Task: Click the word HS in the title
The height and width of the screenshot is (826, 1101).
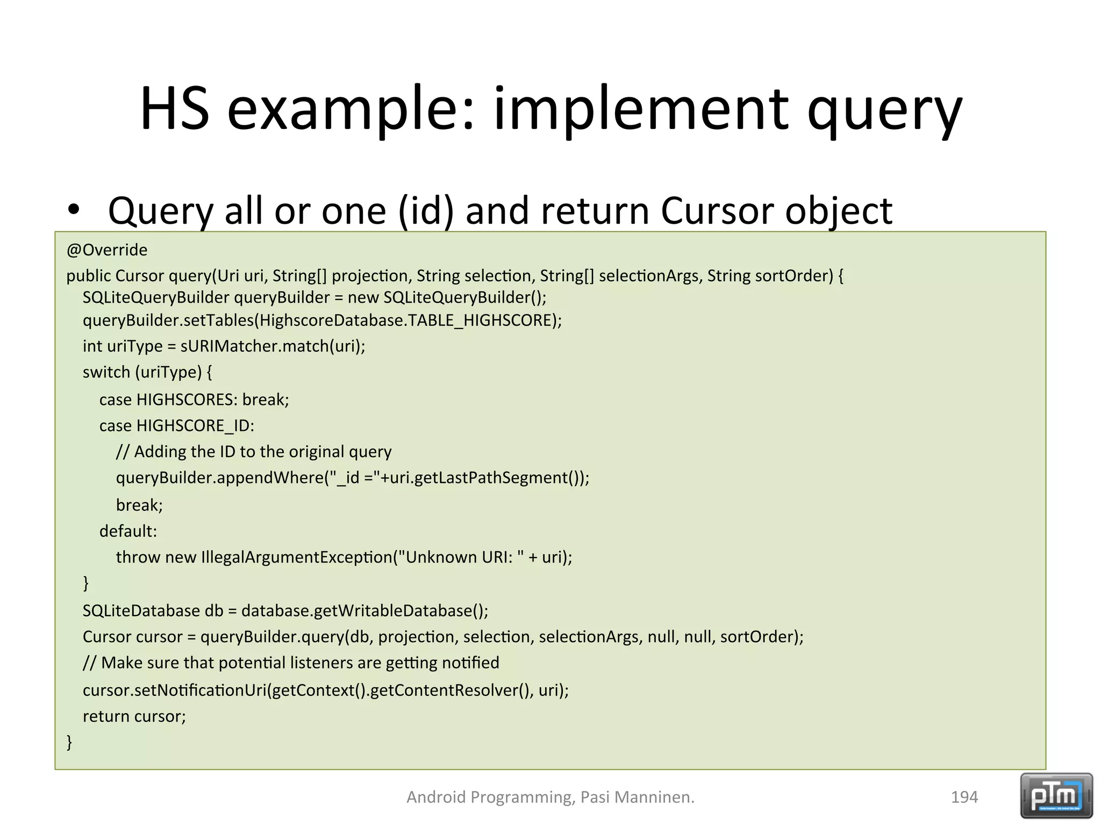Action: pos(175,109)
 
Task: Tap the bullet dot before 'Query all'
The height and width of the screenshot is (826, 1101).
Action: pos(74,210)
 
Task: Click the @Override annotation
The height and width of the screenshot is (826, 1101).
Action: pos(107,250)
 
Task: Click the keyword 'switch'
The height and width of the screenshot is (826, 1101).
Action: pos(106,372)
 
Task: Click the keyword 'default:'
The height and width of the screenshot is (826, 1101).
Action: pos(128,531)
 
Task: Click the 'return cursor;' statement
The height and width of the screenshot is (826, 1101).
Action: pos(134,716)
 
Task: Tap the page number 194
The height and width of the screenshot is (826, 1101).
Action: pos(964,797)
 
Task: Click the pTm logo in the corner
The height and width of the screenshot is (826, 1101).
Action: pos(1056,796)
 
